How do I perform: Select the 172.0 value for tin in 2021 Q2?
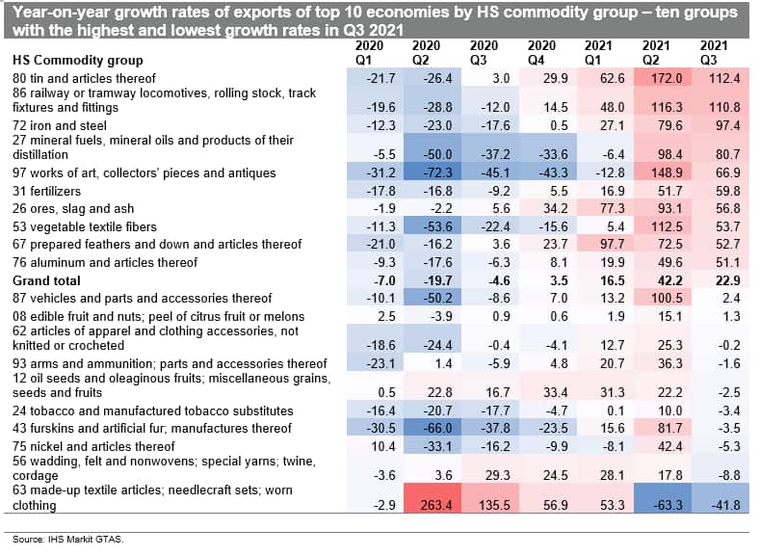click(657, 77)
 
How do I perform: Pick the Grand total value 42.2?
click(657, 280)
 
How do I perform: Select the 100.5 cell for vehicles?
click(657, 298)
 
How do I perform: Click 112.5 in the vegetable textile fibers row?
click(657, 227)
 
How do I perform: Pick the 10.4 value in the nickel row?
click(369, 446)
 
